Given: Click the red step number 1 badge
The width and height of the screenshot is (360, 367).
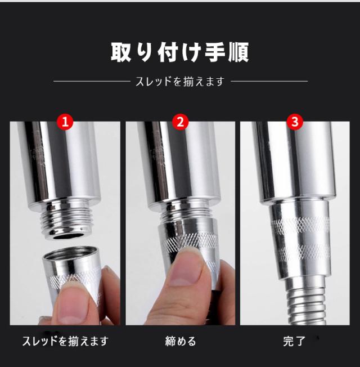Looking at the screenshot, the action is coord(65,122).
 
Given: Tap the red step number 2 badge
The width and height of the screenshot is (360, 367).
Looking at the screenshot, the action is coord(181,122).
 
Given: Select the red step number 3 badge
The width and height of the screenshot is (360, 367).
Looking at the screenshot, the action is coord(295,122).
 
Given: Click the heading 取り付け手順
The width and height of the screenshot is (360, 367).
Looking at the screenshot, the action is coord(179,52).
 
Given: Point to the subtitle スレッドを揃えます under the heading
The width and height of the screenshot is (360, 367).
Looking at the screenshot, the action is coord(180,82).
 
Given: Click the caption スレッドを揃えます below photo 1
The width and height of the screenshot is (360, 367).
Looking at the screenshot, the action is coord(65,341).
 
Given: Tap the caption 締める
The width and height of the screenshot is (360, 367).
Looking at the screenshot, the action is coord(181,341).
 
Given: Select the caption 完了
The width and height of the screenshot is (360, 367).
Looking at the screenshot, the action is coord(294,341).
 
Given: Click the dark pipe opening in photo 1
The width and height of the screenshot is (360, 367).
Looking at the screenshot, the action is coord(68,236).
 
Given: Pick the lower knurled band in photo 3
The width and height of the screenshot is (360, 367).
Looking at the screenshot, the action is coord(304,252).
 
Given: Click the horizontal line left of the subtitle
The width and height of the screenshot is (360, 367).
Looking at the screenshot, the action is coord(92,82).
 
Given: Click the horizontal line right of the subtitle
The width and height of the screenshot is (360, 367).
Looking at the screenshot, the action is coord(269,82).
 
